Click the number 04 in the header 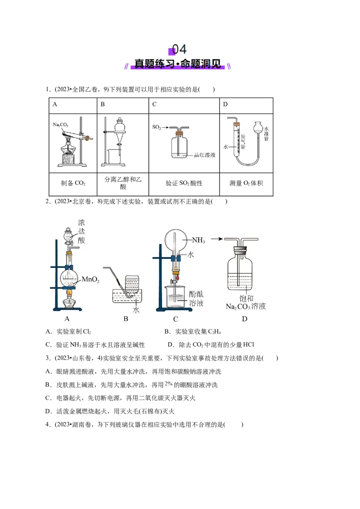(179, 49)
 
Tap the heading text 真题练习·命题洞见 (179, 64)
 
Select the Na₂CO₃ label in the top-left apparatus (61, 124)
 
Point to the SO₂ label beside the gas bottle (157, 128)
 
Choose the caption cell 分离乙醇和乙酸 (123, 183)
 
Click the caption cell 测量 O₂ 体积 (246, 183)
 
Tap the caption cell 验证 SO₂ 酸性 (184, 183)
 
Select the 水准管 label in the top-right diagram (266, 134)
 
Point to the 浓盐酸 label (81, 231)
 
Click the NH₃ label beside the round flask (198, 241)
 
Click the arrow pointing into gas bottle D (217, 239)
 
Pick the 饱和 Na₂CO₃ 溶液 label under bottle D (245, 302)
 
